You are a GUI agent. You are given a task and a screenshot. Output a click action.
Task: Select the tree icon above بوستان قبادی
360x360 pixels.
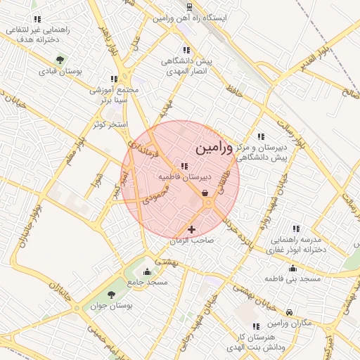pos(60,60)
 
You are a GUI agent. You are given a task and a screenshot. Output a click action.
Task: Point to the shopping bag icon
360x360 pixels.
pos(204,193)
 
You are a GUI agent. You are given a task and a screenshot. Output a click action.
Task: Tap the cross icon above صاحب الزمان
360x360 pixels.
pos(191,229)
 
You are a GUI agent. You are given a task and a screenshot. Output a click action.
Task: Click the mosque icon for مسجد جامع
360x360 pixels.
pos(147,271)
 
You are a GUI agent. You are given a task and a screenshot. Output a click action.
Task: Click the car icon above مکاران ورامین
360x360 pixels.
pos(290,311)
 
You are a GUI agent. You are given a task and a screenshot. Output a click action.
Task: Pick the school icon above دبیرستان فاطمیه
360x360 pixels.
pos(184,167)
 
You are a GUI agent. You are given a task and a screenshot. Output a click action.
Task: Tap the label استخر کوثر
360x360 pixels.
pos(110,124)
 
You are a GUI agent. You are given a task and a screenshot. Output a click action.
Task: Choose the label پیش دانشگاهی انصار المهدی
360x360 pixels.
pos(186,66)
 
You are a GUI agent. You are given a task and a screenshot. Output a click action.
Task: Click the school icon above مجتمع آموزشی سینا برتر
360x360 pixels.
pos(114,79)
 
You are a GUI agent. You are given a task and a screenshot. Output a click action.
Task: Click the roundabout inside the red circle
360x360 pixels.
pos(209,203)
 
